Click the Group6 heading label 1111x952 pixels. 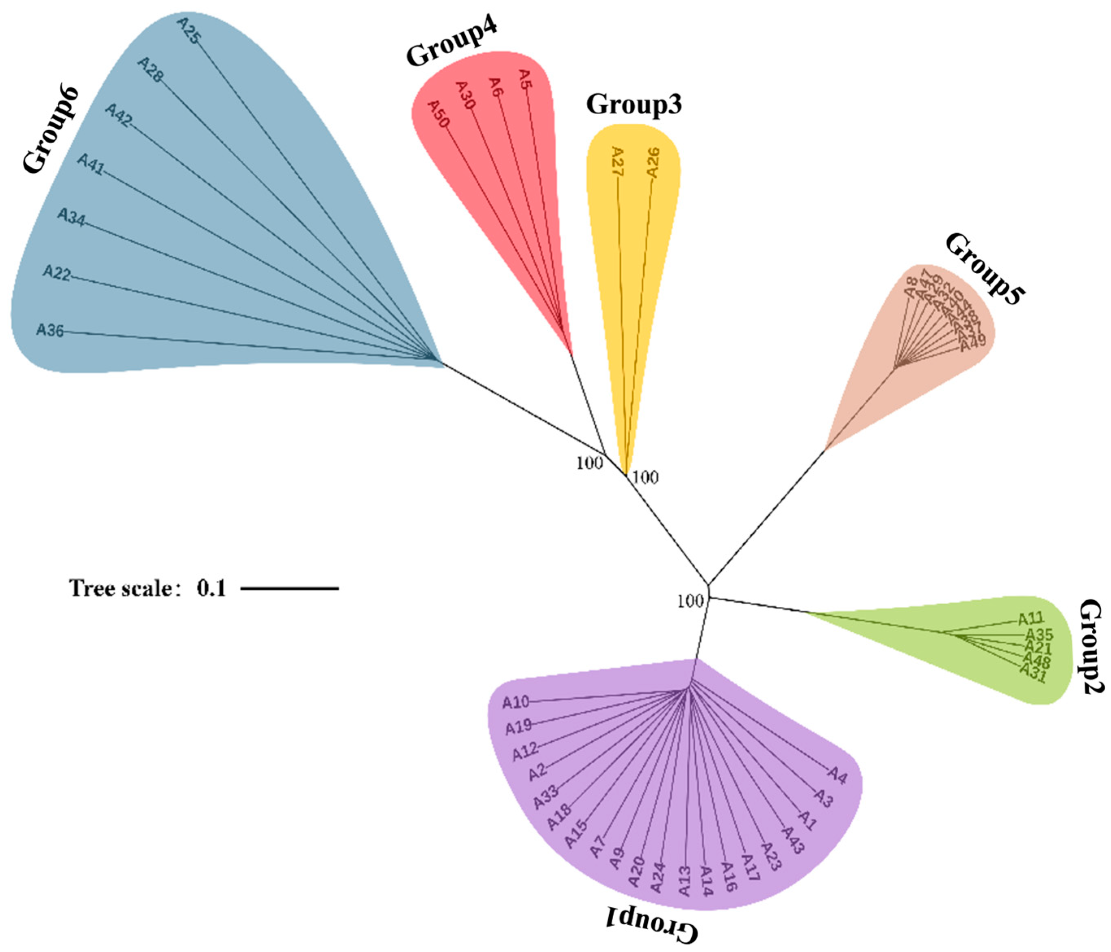point(50,131)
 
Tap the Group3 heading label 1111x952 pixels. point(634,104)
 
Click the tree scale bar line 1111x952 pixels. point(290,589)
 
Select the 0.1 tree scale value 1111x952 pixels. point(211,589)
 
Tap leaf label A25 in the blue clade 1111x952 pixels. point(188,30)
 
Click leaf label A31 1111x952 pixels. point(1033,674)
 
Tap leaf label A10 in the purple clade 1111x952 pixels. point(515,702)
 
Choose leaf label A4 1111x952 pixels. point(837,775)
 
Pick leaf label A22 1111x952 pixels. point(57,273)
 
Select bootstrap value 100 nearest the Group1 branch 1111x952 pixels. point(690,601)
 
